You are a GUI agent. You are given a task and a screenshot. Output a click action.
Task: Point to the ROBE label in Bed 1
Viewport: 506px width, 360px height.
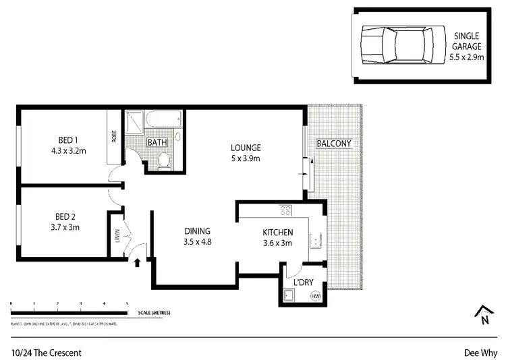(x=114, y=136)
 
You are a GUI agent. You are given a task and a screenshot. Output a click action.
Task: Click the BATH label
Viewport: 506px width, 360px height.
(x=157, y=143)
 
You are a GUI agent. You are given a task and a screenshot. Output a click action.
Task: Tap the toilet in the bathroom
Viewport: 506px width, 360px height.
(x=164, y=159)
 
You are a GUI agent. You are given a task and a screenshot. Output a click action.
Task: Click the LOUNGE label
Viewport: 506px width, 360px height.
(x=245, y=153)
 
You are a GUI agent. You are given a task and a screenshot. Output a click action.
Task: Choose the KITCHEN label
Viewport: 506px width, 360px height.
(x=278, y=238)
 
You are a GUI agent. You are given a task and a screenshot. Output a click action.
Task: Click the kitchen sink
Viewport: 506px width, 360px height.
(x=314, y=241)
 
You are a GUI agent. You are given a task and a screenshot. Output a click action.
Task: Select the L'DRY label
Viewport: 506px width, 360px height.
(x=300, y=281)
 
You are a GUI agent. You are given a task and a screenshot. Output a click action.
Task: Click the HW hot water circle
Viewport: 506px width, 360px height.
(x=315, y=296)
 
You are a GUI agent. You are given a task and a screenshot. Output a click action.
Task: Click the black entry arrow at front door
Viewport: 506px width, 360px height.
(x=138, y=263)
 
